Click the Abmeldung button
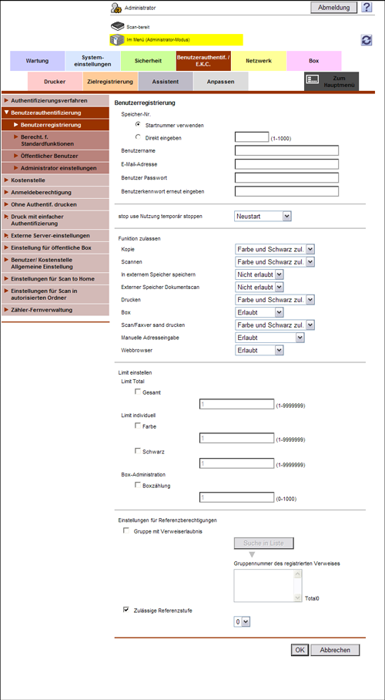(333, 7)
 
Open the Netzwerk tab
(259, 60)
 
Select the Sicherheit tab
(148, 60)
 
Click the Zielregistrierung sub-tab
(110, 81)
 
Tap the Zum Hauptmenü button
(331, 81)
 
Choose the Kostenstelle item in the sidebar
(29, 180)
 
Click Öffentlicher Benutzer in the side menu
(49, 156)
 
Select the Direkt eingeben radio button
(138, 136)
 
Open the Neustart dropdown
(263, 217)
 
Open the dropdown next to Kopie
(275, 249)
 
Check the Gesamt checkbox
(138, 392)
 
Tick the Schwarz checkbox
(138, 451)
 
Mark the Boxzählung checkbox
(138, 486)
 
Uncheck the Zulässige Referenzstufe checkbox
(126, 609)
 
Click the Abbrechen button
(335, 650)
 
